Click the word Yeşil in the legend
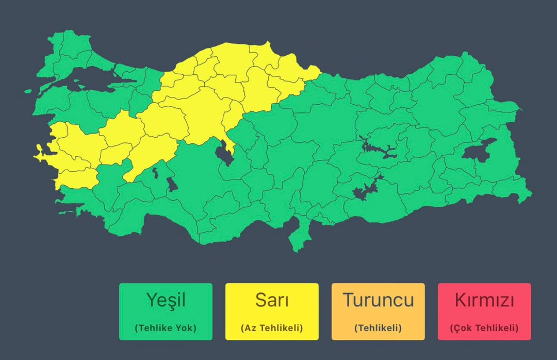coord(165,300)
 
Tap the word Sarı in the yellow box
coord(271,300)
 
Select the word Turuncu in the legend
coord(378,300)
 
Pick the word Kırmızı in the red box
coord(484,300)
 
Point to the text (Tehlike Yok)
coord(165,328)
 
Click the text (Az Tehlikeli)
coord(271,328)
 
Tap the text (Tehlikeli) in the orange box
coord(378,328)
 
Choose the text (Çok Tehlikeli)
coord(484,328)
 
